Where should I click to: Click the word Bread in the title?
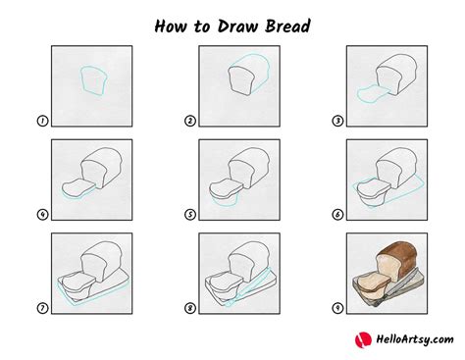[x=287, y=26]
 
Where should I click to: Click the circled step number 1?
[x=42, y=121]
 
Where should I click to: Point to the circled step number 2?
[x=190, y=121]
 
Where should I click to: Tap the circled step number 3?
[x=337, y=121]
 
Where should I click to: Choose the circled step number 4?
[x=42, y=215]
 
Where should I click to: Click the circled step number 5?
[x=190, y=215]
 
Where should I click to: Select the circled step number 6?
[x=337, y=215]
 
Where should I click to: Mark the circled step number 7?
[x=42, y=308]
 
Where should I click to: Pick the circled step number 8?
[x=190, y=308]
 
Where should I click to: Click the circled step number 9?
[x=337, y=308]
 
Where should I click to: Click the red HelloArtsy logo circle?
[x=363, y=340]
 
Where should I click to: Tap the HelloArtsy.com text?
[x=415, y=339]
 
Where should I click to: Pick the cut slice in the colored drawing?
[x=373, y=282]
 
